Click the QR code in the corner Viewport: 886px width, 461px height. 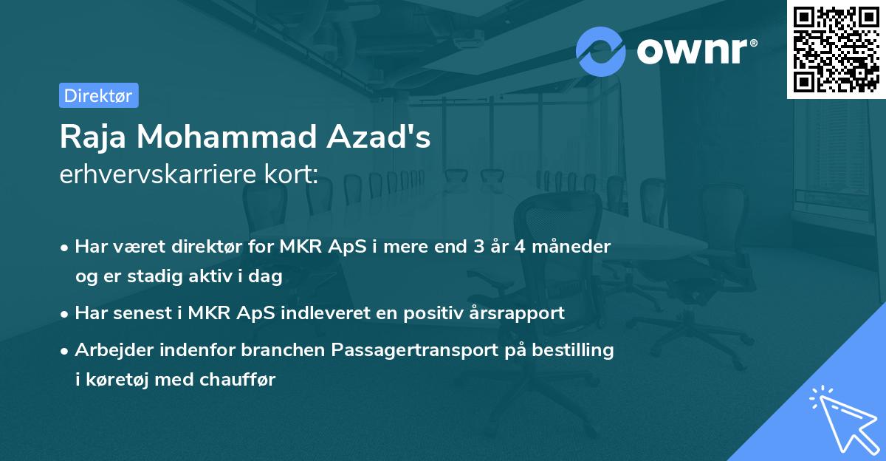pyautogui.click(x=837, y=49)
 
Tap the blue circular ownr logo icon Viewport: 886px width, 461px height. pyautogui.click(x=601, y=52)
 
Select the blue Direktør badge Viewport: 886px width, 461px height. pyautogui.click(x=99, y=95)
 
